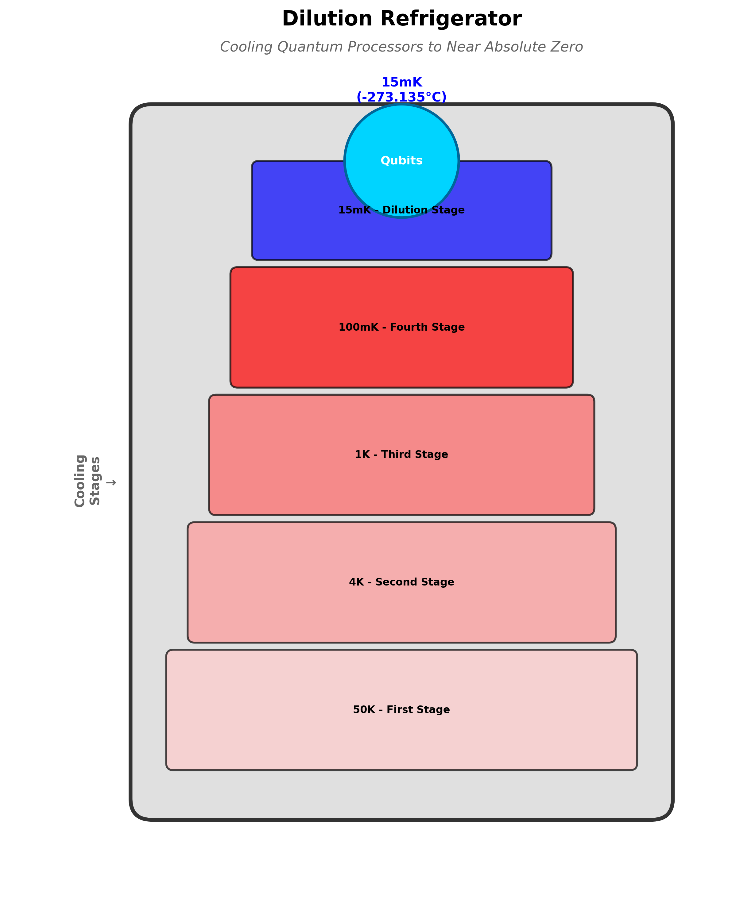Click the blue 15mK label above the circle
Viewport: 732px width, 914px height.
(x=402, y=82)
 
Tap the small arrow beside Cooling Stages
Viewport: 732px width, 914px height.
(x=111, y=482)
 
